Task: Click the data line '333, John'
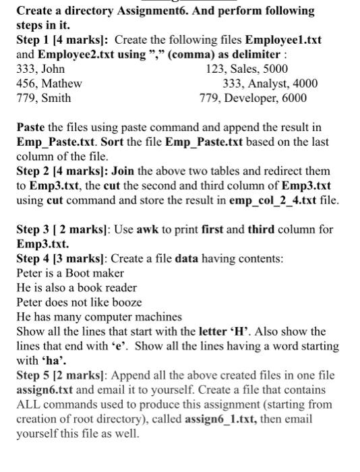(40, 69)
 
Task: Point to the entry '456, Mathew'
(49, 84)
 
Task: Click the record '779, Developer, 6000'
(253, 98)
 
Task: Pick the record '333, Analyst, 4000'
(270, 84)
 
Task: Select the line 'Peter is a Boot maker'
(70, 273)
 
